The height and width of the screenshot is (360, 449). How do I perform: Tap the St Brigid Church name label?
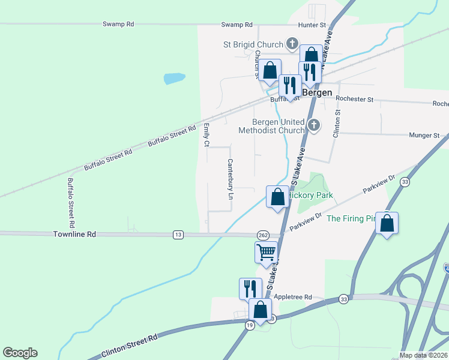click(x=253, y=44)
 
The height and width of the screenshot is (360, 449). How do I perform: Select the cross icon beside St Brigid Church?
click(x=292, y=43)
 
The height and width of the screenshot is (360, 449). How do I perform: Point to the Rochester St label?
click(x=354, y=98)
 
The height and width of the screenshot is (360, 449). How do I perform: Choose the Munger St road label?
click(x=424, y=136)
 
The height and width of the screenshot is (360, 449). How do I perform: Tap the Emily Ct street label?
click(x=206, y=135)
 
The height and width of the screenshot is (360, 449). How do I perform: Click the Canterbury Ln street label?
click(x=230, y=179)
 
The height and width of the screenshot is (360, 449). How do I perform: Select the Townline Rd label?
click(x=74, y=235)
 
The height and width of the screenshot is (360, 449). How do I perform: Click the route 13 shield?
click(x=178, y=235)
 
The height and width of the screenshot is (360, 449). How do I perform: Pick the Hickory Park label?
click(x=310, y=196)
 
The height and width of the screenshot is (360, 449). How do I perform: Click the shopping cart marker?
click(x=265, y=251)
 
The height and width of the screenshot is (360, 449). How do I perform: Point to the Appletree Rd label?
click(x=293, y=297)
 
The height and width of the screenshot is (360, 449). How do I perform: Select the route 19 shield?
click(x=249, y=325)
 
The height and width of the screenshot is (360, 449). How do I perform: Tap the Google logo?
click(x=20, y=353)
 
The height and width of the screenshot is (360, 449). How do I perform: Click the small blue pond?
click(x=174, y=78)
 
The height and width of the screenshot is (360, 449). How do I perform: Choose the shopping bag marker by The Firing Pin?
click(x=387, y=224)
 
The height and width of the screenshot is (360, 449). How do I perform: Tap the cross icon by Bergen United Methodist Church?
click(x=313, y=125)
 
